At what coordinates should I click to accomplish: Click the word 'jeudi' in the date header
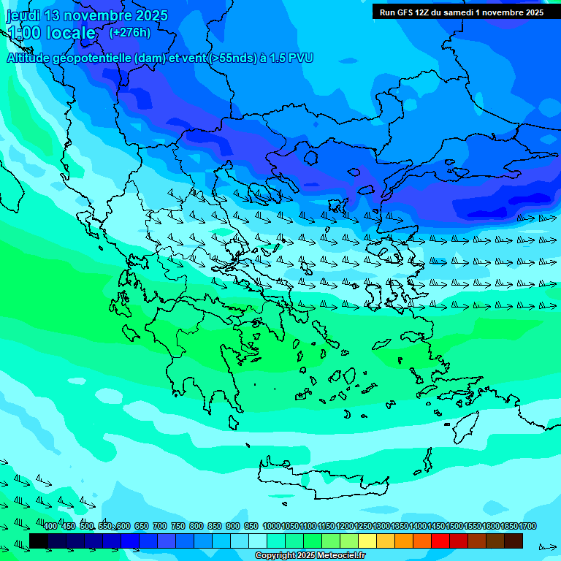(23, 15)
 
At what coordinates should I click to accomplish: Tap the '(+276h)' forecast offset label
(130, 32)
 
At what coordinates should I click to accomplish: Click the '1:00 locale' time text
(51, 33)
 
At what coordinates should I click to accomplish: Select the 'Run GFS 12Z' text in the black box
(408, 12)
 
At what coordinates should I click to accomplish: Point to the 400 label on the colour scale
(50, 527)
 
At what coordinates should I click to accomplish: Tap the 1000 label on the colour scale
(272, 527)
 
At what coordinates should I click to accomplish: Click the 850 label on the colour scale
(215, 527)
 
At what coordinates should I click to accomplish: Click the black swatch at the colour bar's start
(39, 541)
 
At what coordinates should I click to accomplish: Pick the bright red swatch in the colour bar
(440, 541)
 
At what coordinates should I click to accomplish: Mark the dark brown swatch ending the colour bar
(514, 541)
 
